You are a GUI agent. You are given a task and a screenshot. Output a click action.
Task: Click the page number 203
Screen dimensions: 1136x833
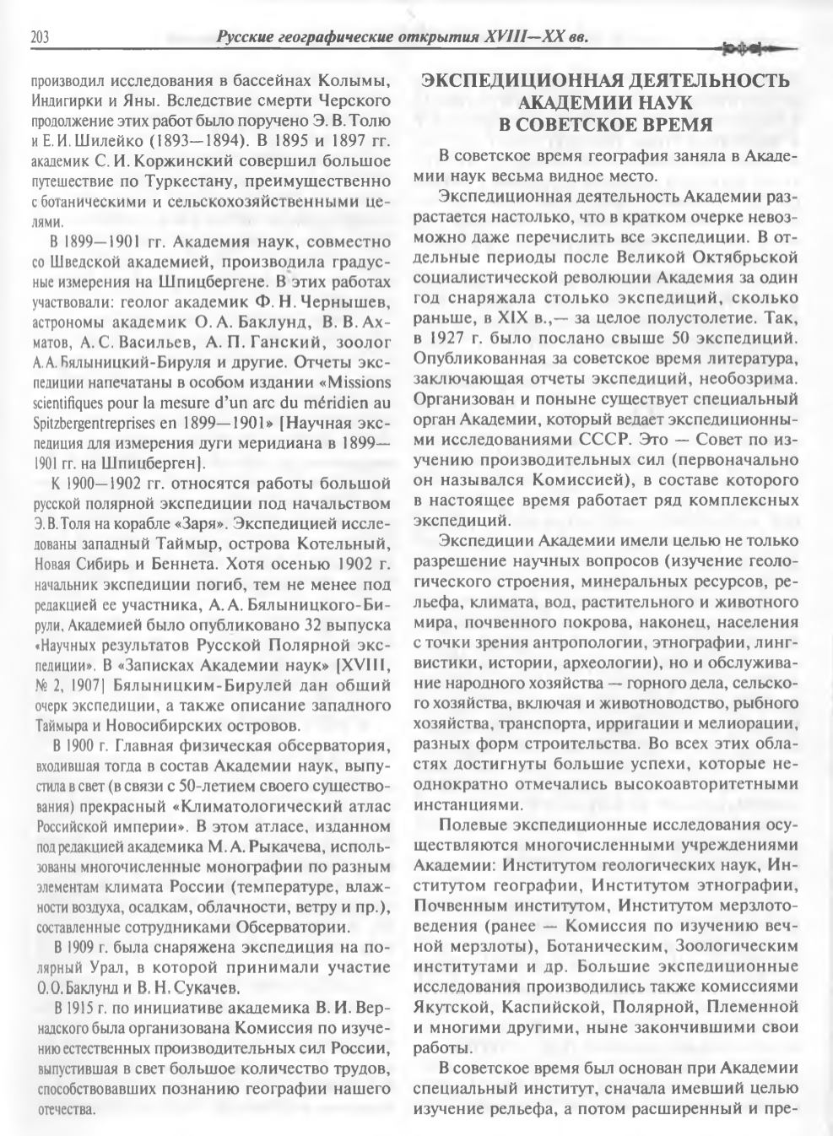pyautogui.click(x=41, y=36)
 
